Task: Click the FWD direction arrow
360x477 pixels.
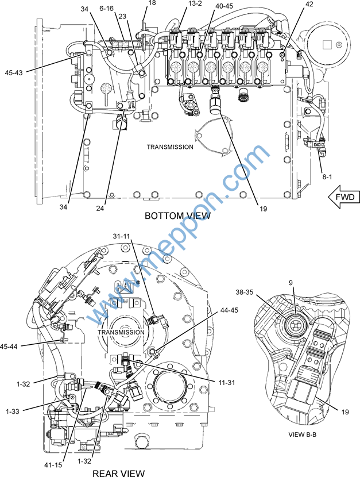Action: (343, 197)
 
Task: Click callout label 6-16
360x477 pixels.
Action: (107, 9)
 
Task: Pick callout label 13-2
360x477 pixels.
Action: (195, 3)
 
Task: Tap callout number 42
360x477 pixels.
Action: (309, 3)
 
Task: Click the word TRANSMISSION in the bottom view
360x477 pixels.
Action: (170, 147)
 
